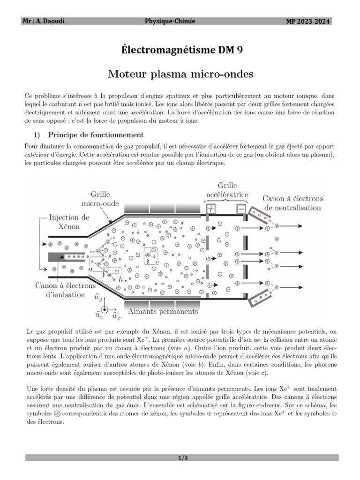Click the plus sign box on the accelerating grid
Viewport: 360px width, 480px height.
(x=212, y=210)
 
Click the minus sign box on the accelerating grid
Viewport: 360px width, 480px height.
(x=240, y=210)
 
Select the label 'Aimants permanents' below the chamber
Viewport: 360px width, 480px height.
(x=163, y=311)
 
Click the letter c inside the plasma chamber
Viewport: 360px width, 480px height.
(x=157, y=262)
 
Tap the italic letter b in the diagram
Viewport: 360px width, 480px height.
(x=121, y=279)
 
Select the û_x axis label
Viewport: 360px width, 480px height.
(x=115, y=316)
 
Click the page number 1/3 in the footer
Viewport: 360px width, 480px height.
(x=180, y=458)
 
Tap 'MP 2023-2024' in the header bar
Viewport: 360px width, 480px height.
(x=308, y=21)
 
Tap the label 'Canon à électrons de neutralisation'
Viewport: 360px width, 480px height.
(x=292, y=203)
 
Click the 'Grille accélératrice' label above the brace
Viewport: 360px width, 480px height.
(x=227, y=190)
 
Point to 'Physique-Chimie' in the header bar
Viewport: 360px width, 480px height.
(x=170, y=21)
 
